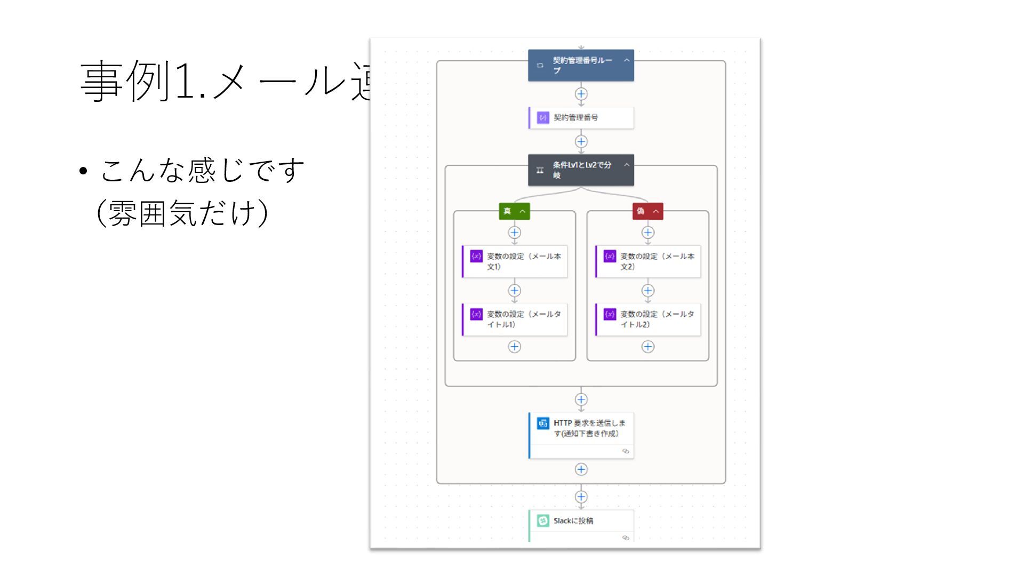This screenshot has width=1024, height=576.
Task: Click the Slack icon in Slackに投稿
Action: (543, 521)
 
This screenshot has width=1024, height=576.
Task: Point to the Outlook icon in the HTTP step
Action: (543, 423)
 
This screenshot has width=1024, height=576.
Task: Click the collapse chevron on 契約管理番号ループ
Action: (627, 60)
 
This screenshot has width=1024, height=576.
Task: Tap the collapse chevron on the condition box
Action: (627, 165)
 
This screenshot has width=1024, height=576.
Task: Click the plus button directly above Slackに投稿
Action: (581, 497)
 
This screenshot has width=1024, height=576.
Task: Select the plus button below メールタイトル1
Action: (514, 347)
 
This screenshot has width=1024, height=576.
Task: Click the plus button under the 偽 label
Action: (647, 233)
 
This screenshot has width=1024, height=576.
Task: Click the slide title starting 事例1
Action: (224, 81)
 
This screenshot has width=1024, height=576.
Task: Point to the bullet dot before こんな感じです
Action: (83, 172)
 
